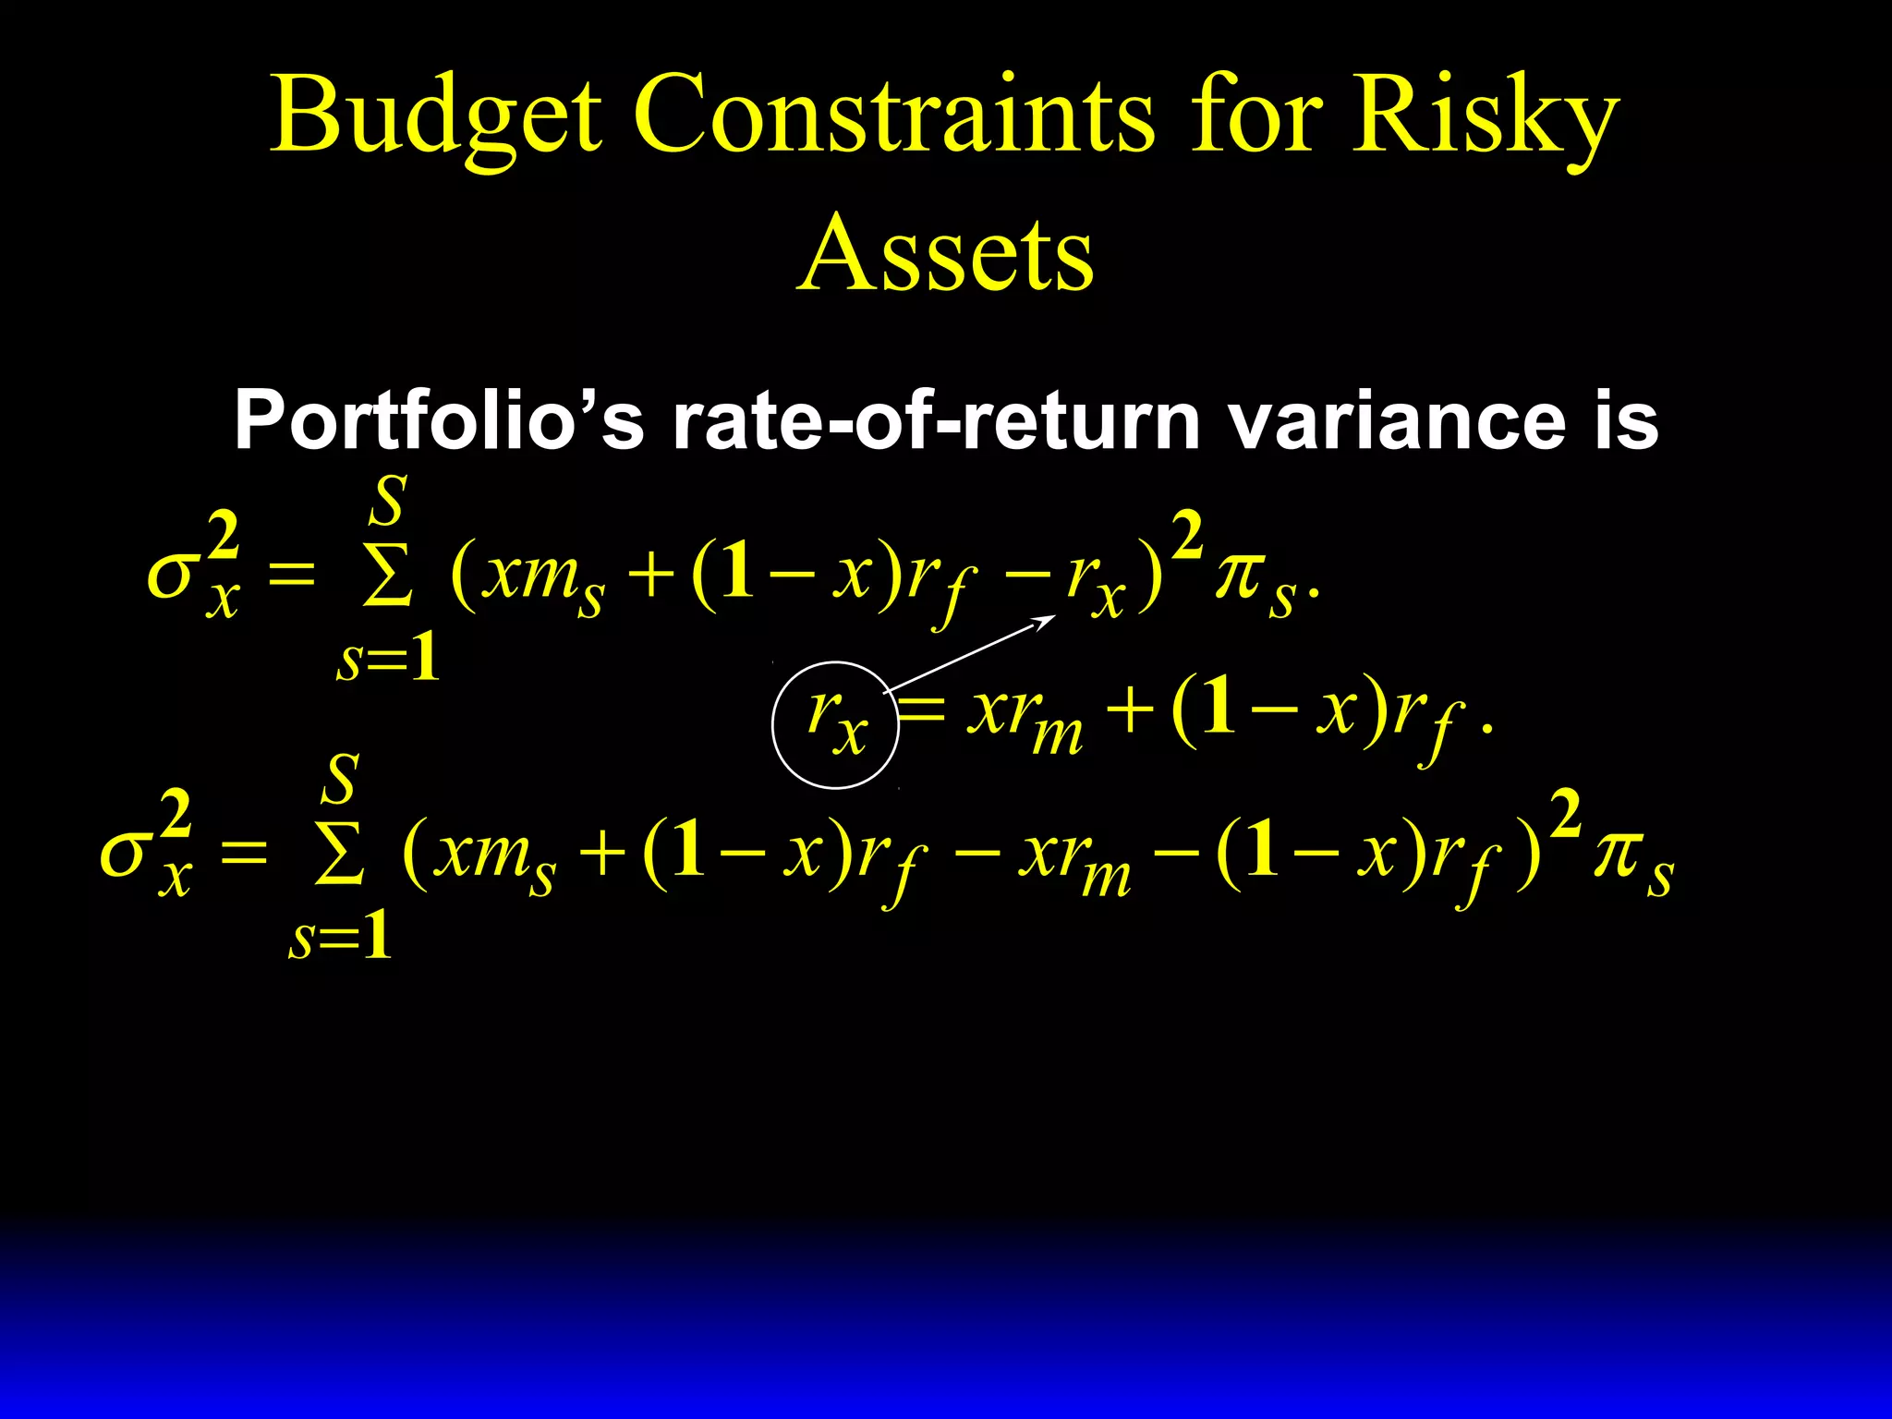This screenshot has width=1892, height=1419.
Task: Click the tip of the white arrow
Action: [1054, 616]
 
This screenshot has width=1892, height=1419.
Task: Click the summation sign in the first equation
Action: [387, 578]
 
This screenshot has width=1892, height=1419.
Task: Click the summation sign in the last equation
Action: [339, 855]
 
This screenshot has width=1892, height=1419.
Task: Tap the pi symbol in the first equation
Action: [1240, 577]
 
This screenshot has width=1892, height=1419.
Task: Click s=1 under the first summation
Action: [387, 660]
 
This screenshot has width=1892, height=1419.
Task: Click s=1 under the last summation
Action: [339, 937]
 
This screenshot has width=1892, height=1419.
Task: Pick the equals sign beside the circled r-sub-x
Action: [921, 711]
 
